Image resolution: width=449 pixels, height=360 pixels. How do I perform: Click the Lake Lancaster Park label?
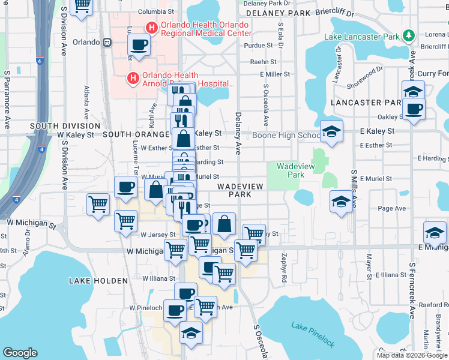tap(362, 37)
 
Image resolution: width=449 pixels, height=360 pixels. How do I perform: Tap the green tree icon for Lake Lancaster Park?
tap(409, 36)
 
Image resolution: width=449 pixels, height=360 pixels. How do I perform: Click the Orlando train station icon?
tap(107, 43)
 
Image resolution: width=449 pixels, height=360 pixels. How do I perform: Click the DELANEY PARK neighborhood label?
tap(277, 13)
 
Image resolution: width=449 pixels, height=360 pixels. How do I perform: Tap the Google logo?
tap(20, 353)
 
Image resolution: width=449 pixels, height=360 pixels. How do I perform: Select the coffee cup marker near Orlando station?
tap(139, 45)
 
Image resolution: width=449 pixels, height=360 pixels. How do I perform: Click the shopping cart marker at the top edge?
tap(82, 5)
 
